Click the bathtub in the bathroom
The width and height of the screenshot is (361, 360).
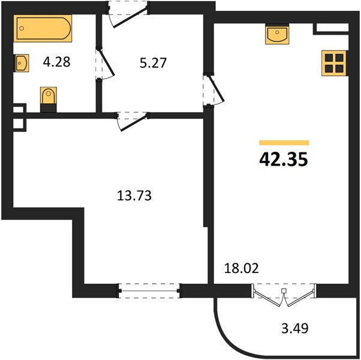coord(43,28)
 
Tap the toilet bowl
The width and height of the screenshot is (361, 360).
coord(49,95)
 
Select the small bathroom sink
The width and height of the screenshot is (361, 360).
coord(21,63)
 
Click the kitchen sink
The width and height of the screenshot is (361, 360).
coord(277,34)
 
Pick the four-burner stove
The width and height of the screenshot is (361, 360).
coord(334,64)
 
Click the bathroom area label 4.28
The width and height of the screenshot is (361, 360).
coord(56,62)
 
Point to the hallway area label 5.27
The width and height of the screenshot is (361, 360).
coord(153,63)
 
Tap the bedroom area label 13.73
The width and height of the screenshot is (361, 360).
coord(134,196)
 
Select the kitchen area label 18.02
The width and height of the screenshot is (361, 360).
coord(242,268)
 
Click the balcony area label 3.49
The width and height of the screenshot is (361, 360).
coord(294,328)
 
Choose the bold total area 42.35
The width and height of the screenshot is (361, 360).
coord(284,160)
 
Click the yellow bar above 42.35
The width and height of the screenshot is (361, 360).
coord(284,143)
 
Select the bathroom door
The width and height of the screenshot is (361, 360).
coord(105,64)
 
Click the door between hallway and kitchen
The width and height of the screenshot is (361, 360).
coord(213,89)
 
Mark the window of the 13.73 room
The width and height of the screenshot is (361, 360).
coord(149,290)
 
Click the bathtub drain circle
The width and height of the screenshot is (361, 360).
coord(22,28)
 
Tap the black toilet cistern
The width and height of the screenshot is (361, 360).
coord(49,108)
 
